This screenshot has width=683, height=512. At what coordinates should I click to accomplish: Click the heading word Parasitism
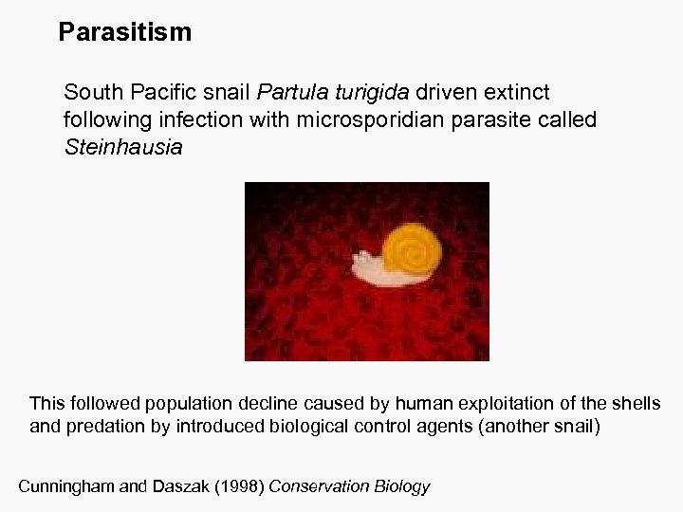[x=124, y=33]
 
